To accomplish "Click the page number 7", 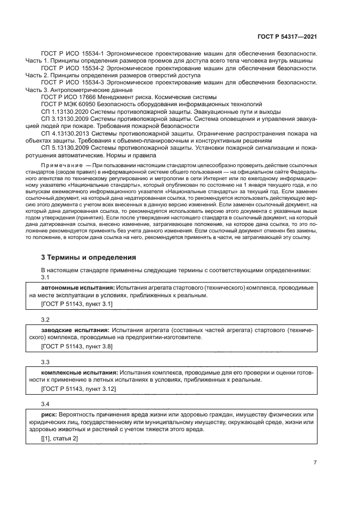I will (315, 463).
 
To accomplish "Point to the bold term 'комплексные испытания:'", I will (78, 372).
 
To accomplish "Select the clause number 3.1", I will (45, 277).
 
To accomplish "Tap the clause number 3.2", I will (45, 320).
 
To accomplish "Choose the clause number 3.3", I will (45, 362).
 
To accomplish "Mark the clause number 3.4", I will (45, 404).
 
